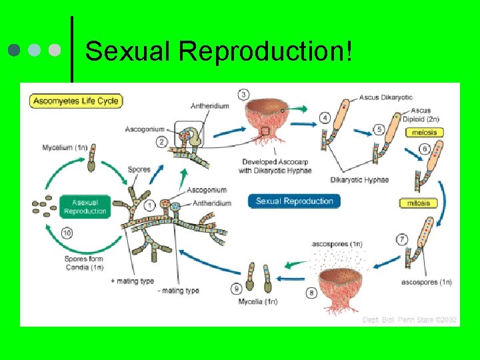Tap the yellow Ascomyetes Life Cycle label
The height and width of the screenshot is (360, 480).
tap(75, 101)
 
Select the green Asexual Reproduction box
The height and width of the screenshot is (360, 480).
tap(85, 207)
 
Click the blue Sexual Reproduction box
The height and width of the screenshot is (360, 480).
tap(294, 201)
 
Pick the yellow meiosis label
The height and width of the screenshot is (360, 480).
tap(425, 133)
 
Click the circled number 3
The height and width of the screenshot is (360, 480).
tap(244, 95)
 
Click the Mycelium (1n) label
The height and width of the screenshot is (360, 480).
tap(64, 147)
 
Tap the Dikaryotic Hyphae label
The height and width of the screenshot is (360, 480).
tap(359, 180)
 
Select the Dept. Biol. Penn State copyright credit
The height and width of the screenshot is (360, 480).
tap(409, 320)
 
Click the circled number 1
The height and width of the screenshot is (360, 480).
tap(150, 204)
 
